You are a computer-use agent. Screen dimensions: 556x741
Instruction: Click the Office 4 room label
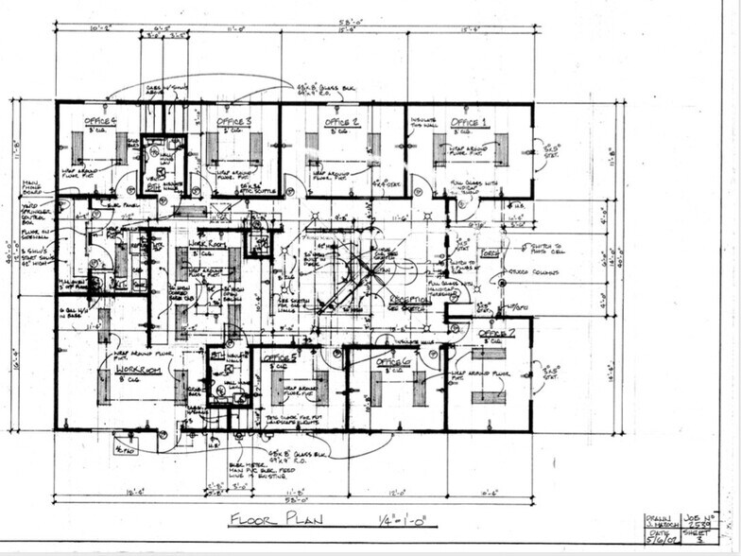[100, 122]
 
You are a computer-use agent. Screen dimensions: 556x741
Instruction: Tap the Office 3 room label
[233, 122]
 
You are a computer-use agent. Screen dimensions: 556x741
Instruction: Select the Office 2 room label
[342, 122]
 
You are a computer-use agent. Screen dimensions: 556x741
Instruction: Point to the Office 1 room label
[470, 123]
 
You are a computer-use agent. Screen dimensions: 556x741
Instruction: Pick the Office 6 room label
[392, 361]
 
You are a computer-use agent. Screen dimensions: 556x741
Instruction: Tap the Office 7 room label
[496, 335]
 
